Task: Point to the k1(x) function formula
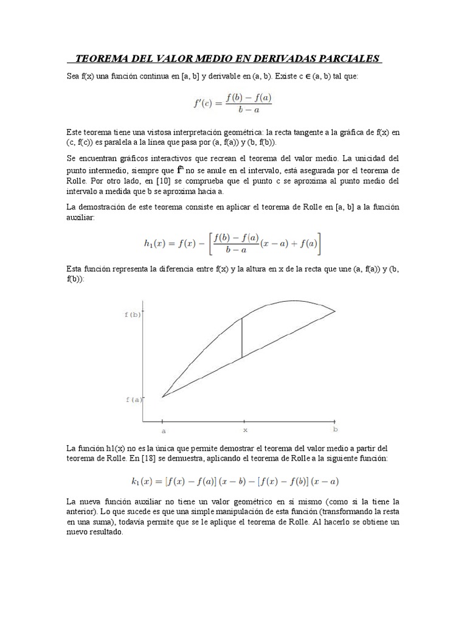[x=235, y=481]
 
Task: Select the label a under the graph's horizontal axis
[x=163, y=429]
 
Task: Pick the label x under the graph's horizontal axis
[x=245, y=429]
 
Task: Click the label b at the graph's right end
[x=335, y=429]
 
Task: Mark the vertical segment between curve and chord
[x=242, y=338]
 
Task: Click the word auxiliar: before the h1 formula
[x=81, y=217]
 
